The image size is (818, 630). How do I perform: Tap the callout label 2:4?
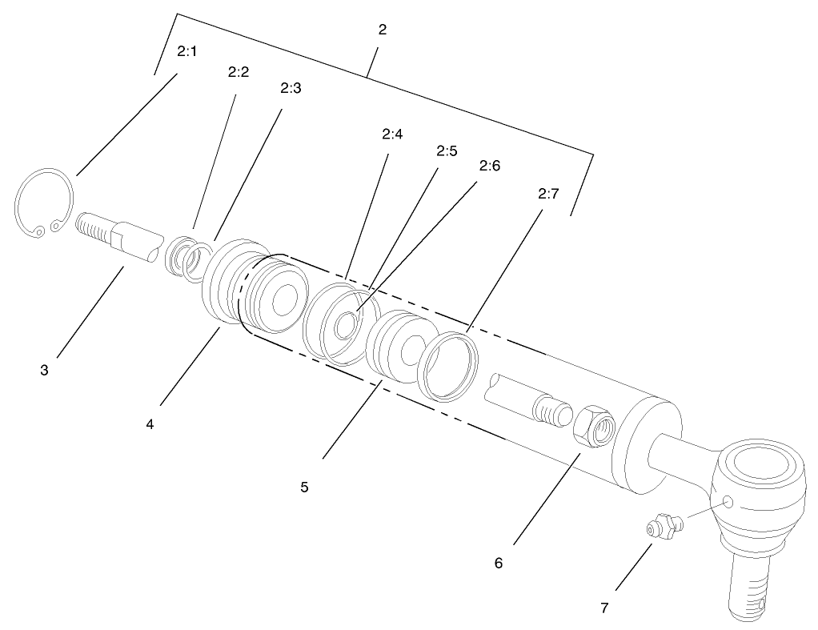point(391,134)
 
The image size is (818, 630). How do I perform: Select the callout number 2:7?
point(548,193)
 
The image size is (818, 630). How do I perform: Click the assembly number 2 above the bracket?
point(382,30)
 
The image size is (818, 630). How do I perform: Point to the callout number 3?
point(45,371)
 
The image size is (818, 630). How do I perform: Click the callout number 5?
point(304,486)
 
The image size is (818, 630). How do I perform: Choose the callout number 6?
point(499,563)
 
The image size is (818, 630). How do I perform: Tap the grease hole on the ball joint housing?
point(728,502)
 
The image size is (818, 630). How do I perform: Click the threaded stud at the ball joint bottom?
point(752,588)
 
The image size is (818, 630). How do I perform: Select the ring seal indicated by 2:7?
point(449,365)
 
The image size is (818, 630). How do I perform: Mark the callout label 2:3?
point(291,89)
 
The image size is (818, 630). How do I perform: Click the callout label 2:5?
point(446,150)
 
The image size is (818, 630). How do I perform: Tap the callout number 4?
point(150,423)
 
